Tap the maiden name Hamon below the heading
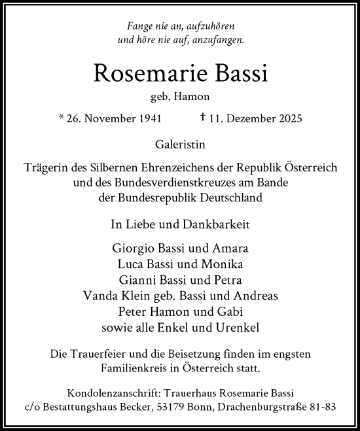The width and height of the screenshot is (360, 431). [194, 97]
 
